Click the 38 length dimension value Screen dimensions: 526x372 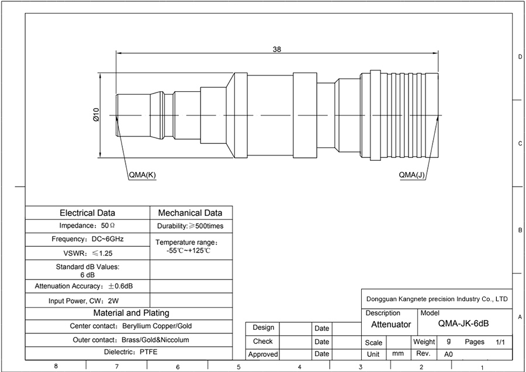click(x=277, y=49)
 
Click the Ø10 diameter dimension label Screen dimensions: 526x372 click(x=96, y=115)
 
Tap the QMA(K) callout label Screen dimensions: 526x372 click(x=143, y=175)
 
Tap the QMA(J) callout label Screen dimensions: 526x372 click(x=411, y=175)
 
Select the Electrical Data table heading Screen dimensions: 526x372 click(x=87, y=213)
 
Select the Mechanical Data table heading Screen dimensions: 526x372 click(x=190, y=213)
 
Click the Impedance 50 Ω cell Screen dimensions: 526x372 click(x=87, y=226)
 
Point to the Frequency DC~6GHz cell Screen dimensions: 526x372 click(x=88, y=239)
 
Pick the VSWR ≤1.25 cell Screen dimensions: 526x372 click(x=88, y=253)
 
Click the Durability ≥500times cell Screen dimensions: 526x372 click(x=190, y=226)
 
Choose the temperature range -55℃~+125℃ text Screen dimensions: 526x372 click(x=189, y=251)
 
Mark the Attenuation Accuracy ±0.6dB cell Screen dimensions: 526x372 click(x=84, y=286)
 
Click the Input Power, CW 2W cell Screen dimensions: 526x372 click(x=84, y=301)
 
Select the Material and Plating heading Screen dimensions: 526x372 click(x=131, y=313)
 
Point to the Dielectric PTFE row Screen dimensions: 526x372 click(x=130, y=352)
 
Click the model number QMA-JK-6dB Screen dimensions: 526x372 click(x=463, y=323)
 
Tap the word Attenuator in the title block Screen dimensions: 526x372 click(x=391, y=324)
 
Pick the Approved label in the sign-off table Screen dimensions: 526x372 click(x=263, y=354)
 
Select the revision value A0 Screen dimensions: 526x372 click(x=448, y=354)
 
